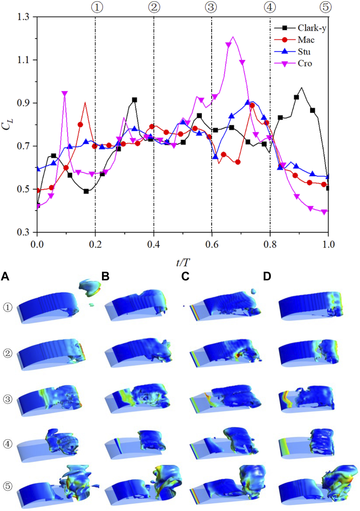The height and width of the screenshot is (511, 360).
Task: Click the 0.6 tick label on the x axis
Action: [x=212, y=245]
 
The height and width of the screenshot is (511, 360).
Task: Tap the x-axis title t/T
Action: [x=183, y=262]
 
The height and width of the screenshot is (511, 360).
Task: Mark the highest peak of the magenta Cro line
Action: [x=233, y=37]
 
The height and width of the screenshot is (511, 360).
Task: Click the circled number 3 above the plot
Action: [x=211, y=7]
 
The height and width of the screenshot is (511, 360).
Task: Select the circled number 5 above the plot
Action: [x=325, y=7]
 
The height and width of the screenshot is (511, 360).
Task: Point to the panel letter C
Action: [x=185, y=277]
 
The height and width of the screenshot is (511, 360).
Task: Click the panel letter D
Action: [x=267, y=277]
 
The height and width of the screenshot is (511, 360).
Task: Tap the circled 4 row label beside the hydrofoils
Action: [x=8, y=444]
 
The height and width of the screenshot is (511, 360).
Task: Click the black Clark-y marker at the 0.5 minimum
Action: [x=86, y=191]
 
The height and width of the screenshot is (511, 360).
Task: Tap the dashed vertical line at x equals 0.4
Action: [x=154, y=86]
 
